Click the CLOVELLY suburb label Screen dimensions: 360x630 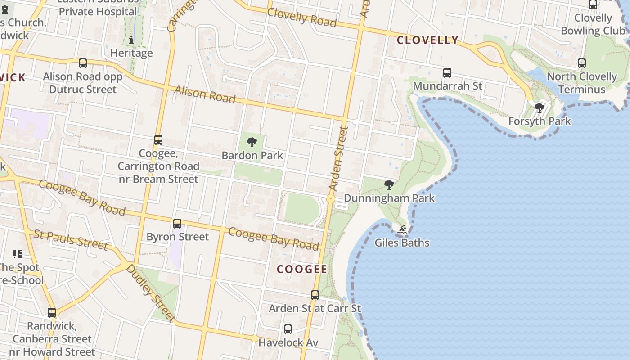[427, 40]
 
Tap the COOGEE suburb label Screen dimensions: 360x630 [301, 269]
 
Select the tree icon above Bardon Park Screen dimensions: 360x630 [252, 142]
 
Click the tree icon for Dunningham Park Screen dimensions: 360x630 [389, 184]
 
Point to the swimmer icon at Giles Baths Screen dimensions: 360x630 [402, 230]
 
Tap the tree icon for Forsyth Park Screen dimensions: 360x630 [539, 108]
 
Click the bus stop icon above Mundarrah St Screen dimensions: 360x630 [447, 72]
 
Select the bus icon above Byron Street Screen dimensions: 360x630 [177, 223]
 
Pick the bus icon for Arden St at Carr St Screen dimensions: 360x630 [315, 295]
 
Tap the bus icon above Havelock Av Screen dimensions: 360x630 [288, 329]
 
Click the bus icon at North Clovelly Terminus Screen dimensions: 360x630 [581, 63]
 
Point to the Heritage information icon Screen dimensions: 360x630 [131, 40]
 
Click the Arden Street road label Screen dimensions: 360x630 [338, 158]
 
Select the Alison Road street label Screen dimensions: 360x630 [205, 94]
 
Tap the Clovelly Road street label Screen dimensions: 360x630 [302, 17]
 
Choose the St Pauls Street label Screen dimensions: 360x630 [71, 239]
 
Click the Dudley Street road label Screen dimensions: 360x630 [150, 293]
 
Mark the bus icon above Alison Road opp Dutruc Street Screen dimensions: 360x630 [83, 63]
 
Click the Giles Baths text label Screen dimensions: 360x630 [402, 243]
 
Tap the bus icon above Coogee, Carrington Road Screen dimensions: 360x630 [158, 140]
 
